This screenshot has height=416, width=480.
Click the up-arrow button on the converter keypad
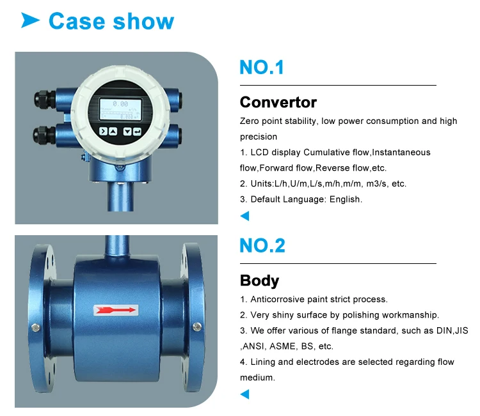click(113, 131)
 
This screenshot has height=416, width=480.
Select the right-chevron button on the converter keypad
click(102, 131)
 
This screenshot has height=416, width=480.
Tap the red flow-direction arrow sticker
click(116, 311)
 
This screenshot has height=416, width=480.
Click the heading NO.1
click(262, 67)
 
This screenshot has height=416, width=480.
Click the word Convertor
click(278, 102)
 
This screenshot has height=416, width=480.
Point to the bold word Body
click(259, 281)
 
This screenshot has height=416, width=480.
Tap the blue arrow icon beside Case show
click(30, 21)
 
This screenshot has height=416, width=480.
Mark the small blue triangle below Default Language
click(244, 216)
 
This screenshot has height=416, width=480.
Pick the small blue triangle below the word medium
click(244, 394)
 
